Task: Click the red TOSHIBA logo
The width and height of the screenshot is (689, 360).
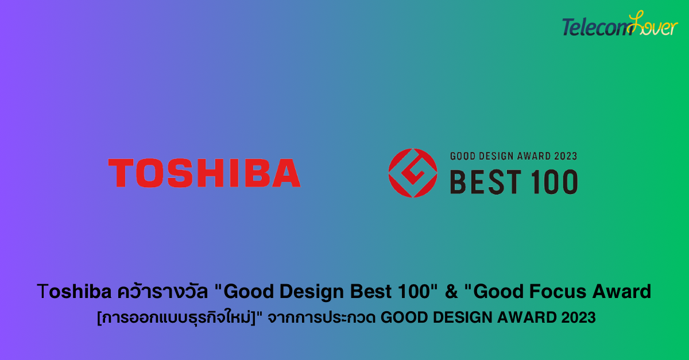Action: pos(204,173)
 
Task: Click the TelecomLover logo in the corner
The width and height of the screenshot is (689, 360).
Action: pos(620,24)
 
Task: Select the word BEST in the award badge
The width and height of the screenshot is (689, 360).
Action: pos(486,182)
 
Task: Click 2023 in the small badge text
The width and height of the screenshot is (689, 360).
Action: pos(566,156)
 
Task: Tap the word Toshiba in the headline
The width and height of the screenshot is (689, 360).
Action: pos(74,291)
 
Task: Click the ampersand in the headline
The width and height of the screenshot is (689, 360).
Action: pos(451,292)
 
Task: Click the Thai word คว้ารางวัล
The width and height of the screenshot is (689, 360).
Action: pos(163,291)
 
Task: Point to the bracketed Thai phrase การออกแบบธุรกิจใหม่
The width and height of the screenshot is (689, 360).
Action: pos(176,318)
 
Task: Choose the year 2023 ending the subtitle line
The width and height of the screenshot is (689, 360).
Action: pos(579,318)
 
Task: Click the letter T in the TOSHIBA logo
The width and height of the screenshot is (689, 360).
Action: pos(121,173)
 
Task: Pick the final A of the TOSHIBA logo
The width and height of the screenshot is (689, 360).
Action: pos(286,173)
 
